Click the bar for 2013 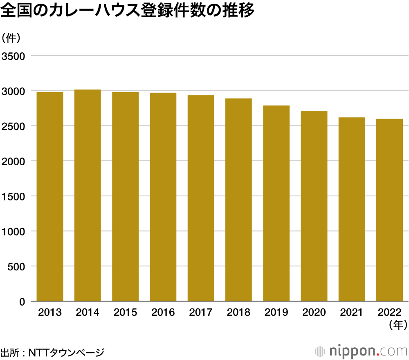(x=50, y=196)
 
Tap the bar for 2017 (x=201, y=198)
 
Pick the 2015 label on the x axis (x=125, y=313)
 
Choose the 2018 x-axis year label (x=238, y=313)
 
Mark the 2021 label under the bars (x=352, y=313)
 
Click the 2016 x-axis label (x=163, y=313)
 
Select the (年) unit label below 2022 (x=398, y=325)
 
